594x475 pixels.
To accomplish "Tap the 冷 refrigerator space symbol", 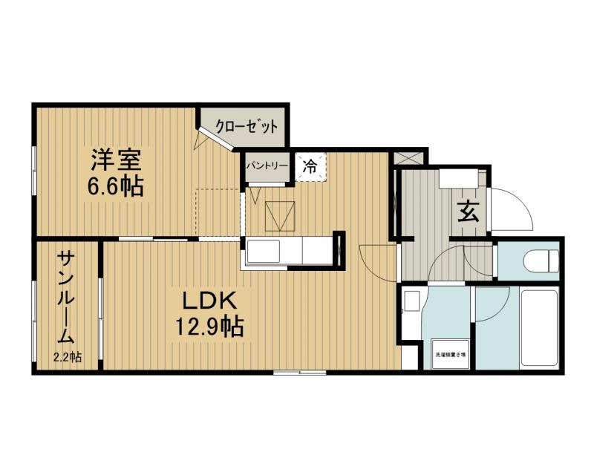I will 310,166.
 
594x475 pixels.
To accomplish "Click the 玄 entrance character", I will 467,212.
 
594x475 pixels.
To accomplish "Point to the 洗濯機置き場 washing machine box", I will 451,355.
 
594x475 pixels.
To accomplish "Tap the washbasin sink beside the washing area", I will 411,303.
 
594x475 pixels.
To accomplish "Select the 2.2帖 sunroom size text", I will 67,357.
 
